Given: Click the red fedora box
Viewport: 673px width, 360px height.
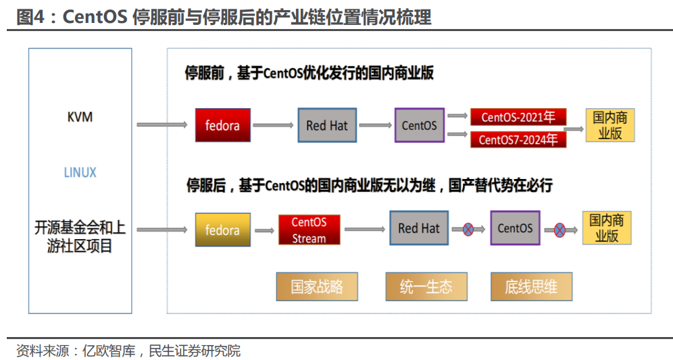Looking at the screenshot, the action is pyautogui.click(x=223, y=125).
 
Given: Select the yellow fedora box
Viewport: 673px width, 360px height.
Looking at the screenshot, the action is pyautogui.click(x=223, y=230).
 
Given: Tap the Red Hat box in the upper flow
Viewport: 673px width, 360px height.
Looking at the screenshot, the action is pyautogui.click(x=327, y=126).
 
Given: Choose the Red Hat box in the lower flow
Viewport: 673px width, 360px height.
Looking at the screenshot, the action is pyautogui.click(x=419, y=228).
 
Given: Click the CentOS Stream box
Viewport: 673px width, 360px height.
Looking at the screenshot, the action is pyautogui.click(x=309, y=230).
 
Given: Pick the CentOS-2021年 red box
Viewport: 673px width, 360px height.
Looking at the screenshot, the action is pyautogui.click(x=518, y=117).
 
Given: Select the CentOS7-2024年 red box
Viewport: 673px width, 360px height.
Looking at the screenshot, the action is pyautogui.click(x=518, y=139).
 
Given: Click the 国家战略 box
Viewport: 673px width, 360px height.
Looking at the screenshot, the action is pyautogui.click(x=317, y=286).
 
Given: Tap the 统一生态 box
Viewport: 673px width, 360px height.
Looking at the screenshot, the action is pyautogui.click(x=426, y=286).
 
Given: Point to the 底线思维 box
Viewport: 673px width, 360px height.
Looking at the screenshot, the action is pyautogui.click(x=531, y=286).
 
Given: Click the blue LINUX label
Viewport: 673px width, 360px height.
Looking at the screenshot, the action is pyautogui.click(x=80, y=172).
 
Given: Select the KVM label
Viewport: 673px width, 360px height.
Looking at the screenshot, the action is pyautogui.click(x=80, y=117).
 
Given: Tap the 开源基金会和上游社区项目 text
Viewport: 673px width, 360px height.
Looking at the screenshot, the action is pyautogui.click(x=80, y=236).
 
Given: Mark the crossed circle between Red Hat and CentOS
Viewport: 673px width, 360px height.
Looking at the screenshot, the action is pyautogui.click(x=468, y=230).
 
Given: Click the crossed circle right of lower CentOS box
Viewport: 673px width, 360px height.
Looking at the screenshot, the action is pyautogui.click(x=559, y=230).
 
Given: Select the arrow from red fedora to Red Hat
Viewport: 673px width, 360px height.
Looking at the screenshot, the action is pyautogui.click(x=273, y=126).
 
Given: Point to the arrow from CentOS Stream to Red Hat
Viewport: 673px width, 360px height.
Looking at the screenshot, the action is pyautogui.click(x=365, y=230).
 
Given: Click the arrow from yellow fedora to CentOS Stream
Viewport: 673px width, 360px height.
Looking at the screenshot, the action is pyautogui.click(x=264, y=231).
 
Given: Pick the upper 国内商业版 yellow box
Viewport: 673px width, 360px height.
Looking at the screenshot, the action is pyautogui.click(x=610, y=125).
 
